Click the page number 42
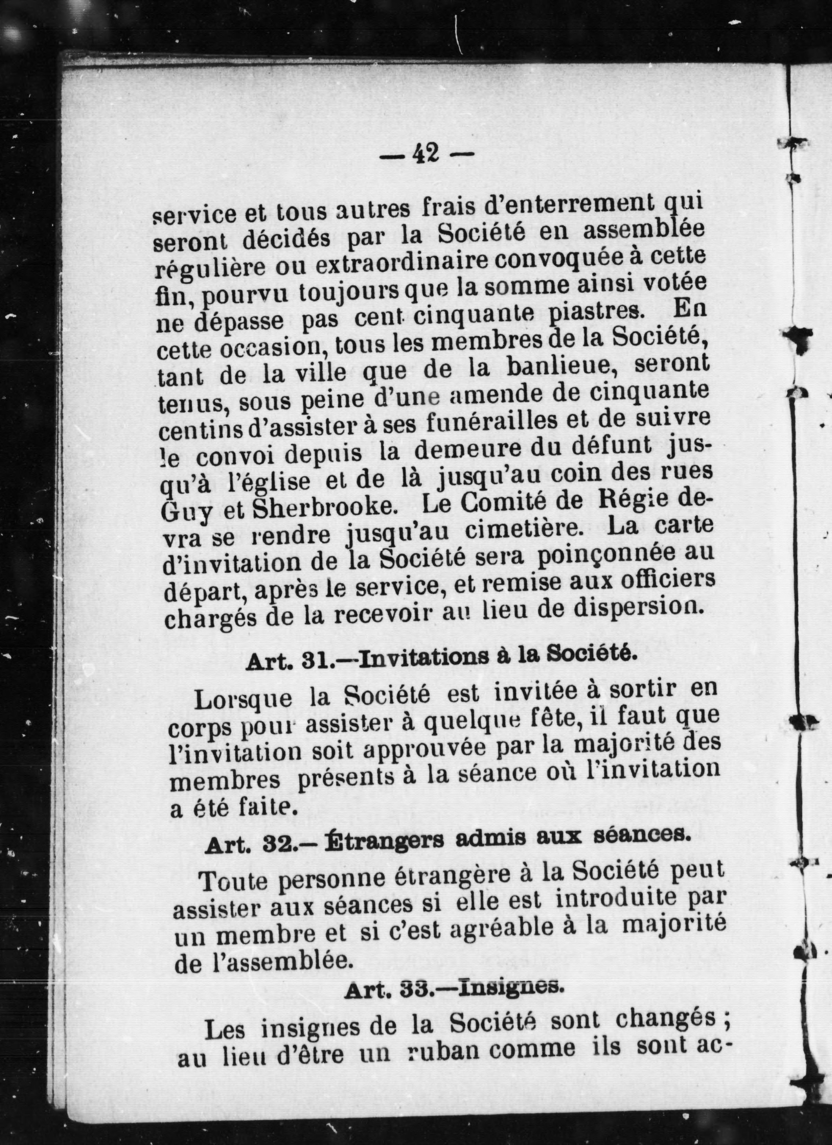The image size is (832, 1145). point(425,153)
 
